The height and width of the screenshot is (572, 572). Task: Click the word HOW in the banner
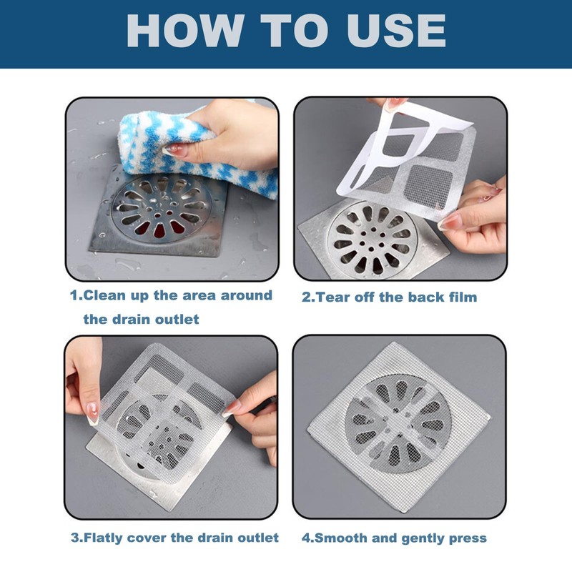click(x=185, y=31)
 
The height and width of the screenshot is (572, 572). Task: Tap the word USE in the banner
click(x=396, y=31)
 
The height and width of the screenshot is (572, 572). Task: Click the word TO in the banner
click(x=296, y=31)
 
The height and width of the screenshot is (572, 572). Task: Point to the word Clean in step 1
click(x=104, y=295)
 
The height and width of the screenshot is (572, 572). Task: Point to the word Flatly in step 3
click(x=103, y=538)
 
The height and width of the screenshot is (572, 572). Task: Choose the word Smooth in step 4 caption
click(x=337, y=538)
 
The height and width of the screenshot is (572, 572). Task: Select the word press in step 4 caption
click(x=468, y=539)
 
